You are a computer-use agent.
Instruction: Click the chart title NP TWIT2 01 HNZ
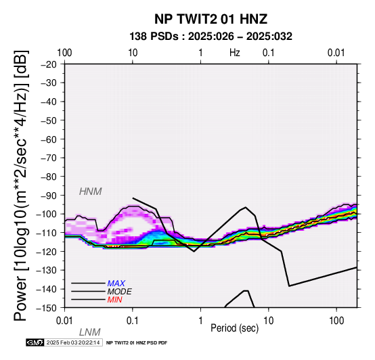(x=211, y=19)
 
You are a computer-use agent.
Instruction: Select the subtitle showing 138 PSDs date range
(x=211, y=37)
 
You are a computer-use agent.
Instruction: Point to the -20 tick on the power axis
(x=49, y=64)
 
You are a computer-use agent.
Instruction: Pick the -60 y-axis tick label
(x=49, y=139)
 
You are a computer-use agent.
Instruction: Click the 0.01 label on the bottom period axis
(x=64, y=321)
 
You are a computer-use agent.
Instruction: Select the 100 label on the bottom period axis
(x=336, y=321)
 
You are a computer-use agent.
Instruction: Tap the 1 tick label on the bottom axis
(x=200, y=321)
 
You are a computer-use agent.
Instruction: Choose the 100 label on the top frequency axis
(x=64, y=53)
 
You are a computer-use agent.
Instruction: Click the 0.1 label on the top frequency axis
(x=268, y=53)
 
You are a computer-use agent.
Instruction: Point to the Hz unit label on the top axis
(x=235, y=53)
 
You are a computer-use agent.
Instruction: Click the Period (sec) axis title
(x=235, y=328)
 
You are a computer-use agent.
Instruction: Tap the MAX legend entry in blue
(x=116, y=284)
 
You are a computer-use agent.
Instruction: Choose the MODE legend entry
(x=119, y=292)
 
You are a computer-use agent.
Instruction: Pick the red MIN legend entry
(x=115, y=300)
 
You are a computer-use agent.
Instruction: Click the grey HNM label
(x=91, y=192)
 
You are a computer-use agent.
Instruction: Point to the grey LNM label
(x=89, y=332)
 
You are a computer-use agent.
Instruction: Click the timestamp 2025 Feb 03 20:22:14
(x=73, y=342)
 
